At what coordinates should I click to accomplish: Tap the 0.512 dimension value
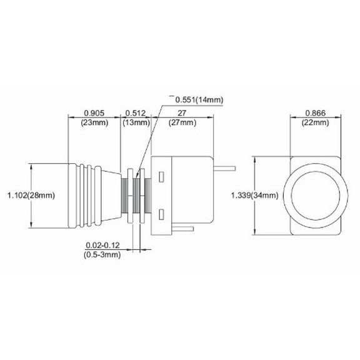136,113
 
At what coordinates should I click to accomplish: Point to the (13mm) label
136,122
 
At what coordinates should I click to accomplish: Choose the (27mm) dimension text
181,122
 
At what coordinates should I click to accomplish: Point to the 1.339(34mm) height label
254,196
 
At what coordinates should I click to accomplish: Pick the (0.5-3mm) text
102,256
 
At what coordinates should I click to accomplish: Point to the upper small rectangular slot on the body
162,177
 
